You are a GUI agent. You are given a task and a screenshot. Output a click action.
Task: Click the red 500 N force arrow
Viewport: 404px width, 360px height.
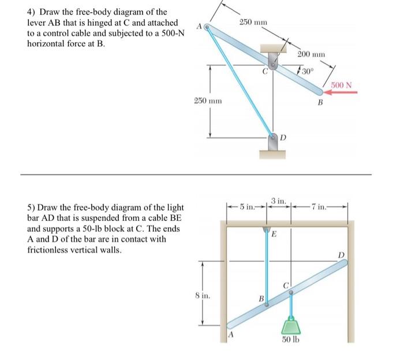[344, 92]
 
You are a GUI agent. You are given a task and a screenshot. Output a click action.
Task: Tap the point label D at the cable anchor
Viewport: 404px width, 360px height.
[283, 138]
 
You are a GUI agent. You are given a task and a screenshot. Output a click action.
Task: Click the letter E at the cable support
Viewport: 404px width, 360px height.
[274, 234]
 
